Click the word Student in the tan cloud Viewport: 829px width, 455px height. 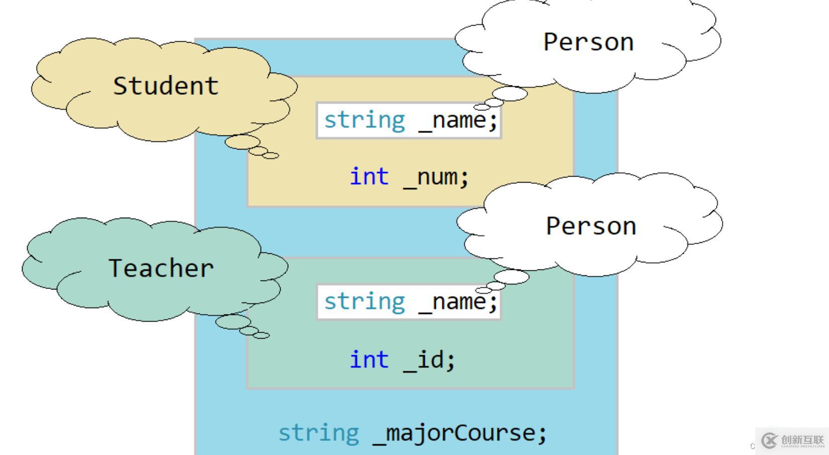[x=166, y=86]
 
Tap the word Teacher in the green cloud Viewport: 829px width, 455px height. [x=161, y=268]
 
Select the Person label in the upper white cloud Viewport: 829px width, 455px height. [x=588, y=42]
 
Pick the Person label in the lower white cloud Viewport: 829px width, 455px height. [x=591, y=226]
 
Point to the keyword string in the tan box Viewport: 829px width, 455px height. [x=364, y=120]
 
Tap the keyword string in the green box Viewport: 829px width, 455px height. [x=364, y=302]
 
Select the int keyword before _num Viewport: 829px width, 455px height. [x=369, y=177]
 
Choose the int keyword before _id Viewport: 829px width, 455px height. [x=369, y=360]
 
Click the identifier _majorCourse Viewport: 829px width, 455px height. [x=459, y=433]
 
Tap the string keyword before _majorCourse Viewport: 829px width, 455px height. [x=319, y=433]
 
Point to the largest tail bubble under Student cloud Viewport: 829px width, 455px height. [x=242, y=142]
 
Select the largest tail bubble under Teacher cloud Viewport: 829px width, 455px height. [x=233, y=322]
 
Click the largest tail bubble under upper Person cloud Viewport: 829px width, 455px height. [x=510, y=93]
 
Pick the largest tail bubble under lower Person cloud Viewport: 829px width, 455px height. [x=511, y=276]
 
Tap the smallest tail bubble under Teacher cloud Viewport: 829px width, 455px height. [x=261, y=335]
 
